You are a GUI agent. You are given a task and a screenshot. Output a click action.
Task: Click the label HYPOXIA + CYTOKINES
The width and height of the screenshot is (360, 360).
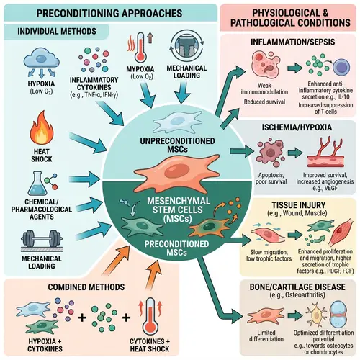[x=40, y=341]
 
